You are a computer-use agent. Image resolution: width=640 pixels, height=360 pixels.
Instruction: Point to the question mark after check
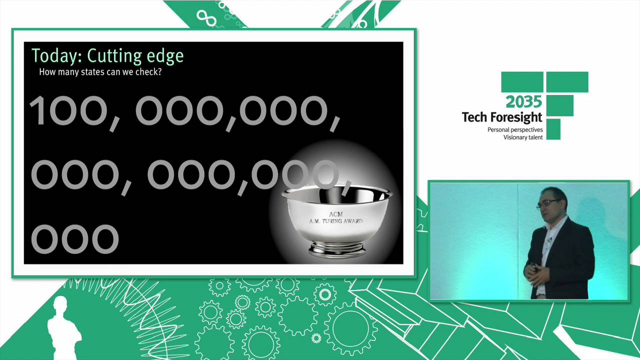pos(159,72)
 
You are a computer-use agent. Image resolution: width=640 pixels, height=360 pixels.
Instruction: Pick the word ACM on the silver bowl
pos(336,214)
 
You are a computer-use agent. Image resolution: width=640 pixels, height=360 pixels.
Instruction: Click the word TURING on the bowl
pos(337,221)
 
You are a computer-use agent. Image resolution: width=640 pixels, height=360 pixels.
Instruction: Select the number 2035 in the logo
pos(523,102)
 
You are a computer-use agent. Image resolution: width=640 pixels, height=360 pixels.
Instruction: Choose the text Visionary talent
pos(523,137)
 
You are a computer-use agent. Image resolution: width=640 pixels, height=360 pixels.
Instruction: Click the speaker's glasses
pos(548,202)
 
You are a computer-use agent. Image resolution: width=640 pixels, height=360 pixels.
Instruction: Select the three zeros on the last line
pos(75,238)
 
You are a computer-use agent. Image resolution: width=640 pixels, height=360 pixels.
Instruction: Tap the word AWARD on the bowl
pos(353,221)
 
